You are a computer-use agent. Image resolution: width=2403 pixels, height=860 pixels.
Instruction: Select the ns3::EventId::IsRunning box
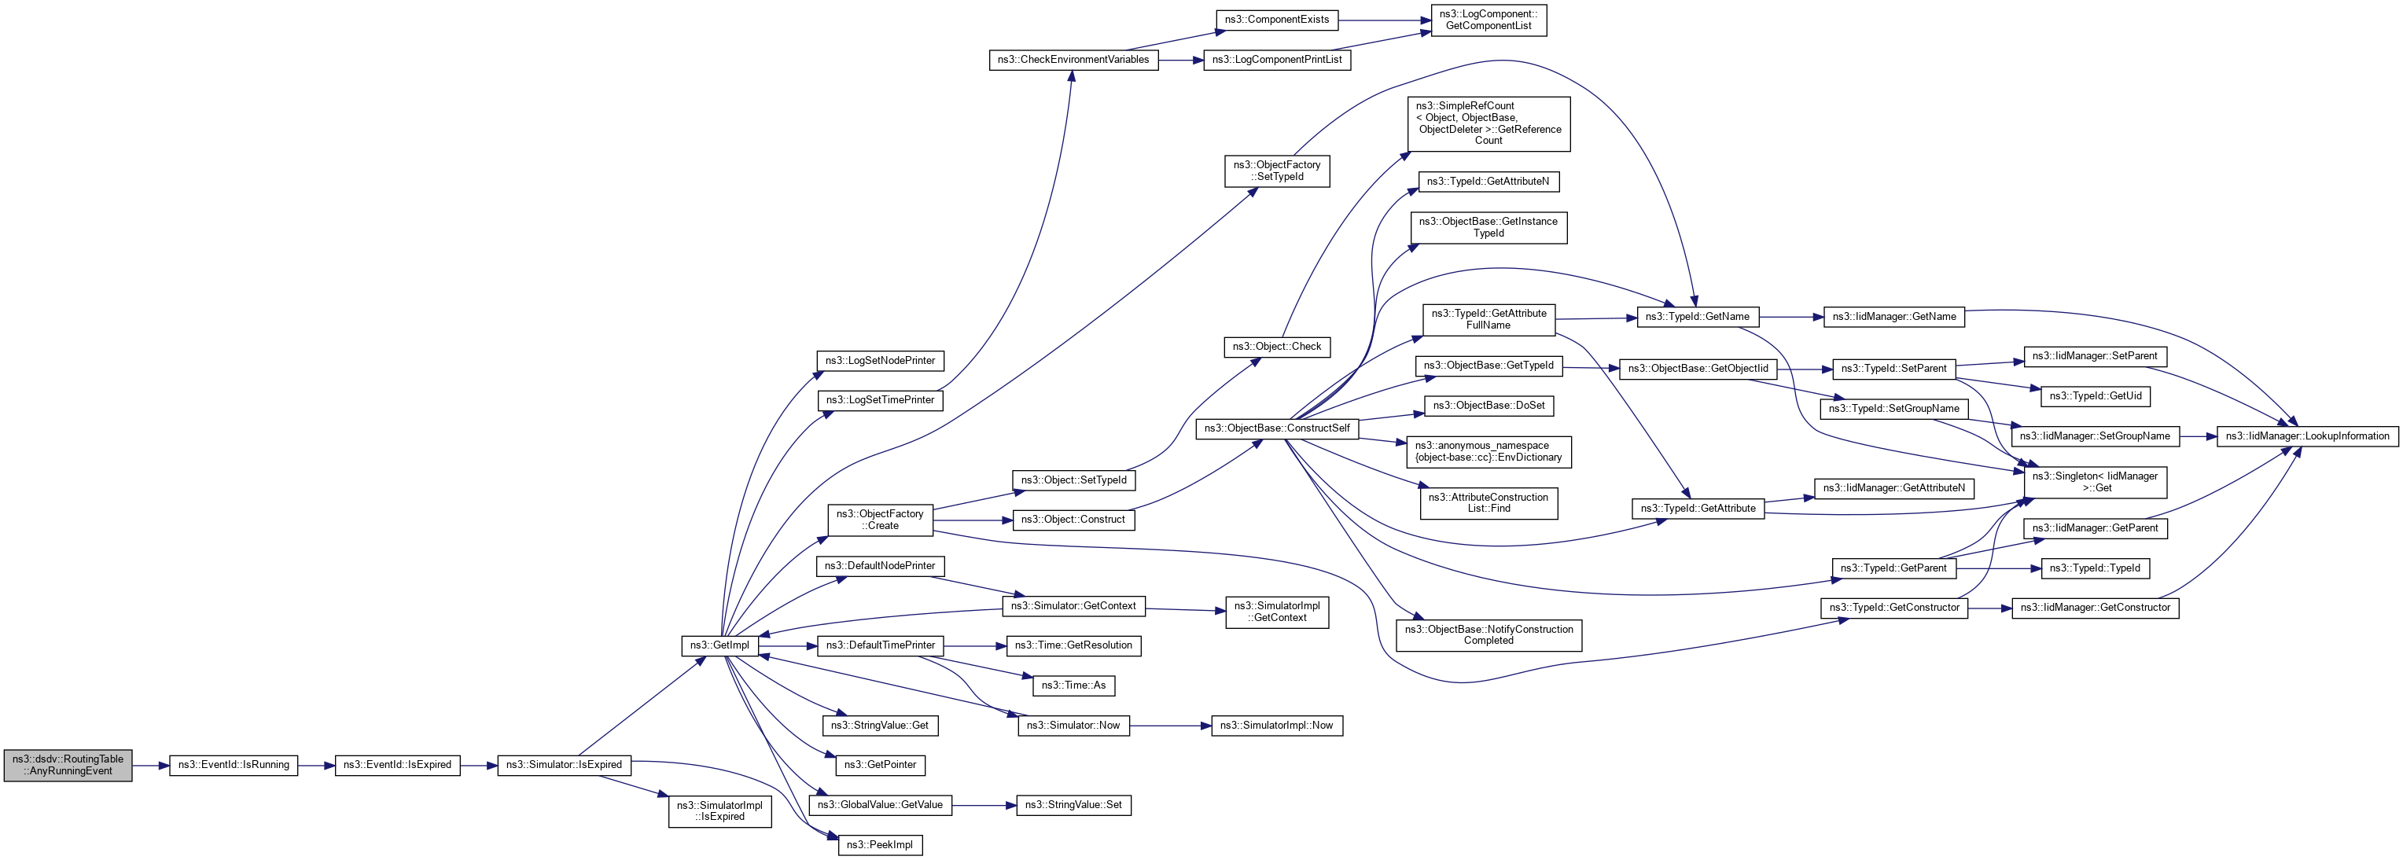[234, 765]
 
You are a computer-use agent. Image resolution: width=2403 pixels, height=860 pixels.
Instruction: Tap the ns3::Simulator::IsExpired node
[564, 765]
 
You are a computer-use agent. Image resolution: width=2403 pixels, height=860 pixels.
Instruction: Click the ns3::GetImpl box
[719, 645]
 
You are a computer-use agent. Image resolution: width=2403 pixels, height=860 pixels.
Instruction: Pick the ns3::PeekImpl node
[879, 845]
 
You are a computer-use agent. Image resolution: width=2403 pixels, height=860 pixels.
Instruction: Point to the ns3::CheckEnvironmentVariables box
[1073, 60]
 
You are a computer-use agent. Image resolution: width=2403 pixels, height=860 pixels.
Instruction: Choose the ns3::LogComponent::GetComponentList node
[1488, 20]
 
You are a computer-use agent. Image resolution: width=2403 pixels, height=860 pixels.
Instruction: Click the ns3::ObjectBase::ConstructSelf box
[1276, 428]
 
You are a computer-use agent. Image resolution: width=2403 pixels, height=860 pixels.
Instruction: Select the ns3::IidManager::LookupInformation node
[2307, 436]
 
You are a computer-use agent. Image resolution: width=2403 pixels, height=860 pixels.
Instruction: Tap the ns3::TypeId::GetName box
[1697, 316]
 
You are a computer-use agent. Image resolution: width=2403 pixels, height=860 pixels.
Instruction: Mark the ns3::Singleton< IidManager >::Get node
[2094, 482]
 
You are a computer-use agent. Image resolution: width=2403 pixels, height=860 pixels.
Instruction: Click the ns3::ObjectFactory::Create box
[880, 520]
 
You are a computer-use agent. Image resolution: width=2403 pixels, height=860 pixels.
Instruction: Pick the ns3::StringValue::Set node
[1073, 805]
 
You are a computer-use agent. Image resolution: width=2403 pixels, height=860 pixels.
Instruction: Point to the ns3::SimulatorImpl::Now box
[1276, 726]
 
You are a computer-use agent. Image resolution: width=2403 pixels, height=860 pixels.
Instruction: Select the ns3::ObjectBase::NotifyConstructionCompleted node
[1488, 635]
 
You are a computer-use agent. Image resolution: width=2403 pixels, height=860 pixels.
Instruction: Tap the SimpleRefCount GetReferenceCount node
[1488, 123]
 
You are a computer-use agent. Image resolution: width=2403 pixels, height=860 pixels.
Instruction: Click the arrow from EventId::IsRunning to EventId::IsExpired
[316, 765]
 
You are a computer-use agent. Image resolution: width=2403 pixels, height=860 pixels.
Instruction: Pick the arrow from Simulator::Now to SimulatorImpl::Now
[1170, 726]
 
